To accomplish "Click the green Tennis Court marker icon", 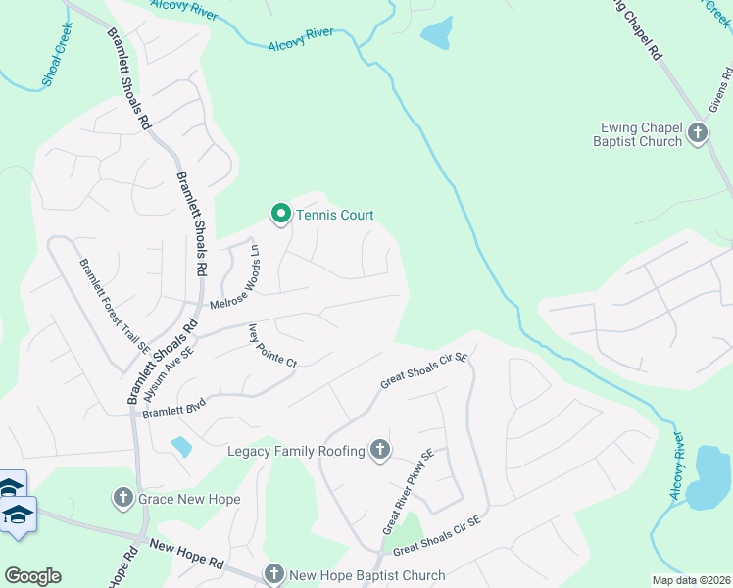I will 280,214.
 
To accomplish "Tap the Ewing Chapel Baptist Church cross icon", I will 698,132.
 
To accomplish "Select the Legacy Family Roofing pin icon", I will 380,451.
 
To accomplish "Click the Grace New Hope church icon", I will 123,499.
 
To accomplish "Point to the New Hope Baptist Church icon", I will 273,574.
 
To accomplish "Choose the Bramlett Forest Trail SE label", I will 115,305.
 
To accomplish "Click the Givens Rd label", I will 720,93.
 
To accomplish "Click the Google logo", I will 32,575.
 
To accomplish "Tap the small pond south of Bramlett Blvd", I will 180,447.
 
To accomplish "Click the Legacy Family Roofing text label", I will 296,451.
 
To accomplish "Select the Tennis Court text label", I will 334,215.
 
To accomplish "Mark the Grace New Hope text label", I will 189,499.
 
